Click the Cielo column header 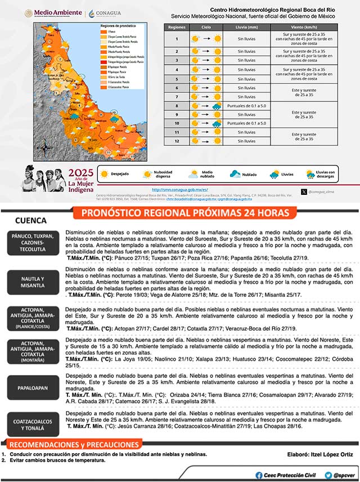click(206, 26)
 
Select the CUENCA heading click(31, 221)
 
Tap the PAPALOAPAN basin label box click(32, 388)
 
